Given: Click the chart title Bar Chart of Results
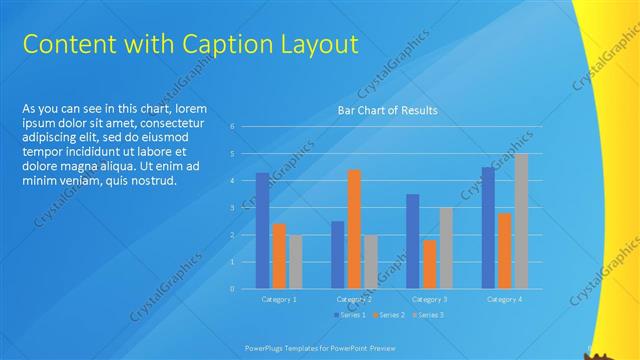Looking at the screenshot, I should coord(387,110).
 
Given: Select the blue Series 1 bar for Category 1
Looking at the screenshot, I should coord(262,231).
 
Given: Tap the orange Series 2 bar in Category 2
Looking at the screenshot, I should coord(354,229).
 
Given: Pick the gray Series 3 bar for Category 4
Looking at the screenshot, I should coord(521,221).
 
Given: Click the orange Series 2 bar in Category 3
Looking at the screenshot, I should coord(429,264).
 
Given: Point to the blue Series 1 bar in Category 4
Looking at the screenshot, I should coord(488,228).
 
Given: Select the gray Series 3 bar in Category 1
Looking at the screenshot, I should coord(295,262).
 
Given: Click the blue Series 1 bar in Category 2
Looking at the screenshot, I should coord(338,255).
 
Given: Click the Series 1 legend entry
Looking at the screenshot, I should coord(349,315).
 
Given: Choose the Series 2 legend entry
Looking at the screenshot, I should coord(388,315).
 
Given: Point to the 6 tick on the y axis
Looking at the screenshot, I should coord(232,127).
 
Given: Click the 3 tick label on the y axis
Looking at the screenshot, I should coord(232,208).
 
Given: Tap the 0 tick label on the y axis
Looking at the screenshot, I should coord(232,289).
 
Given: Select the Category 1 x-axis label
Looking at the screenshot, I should coord(279,299).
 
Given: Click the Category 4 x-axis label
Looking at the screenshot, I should coord(504,299).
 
